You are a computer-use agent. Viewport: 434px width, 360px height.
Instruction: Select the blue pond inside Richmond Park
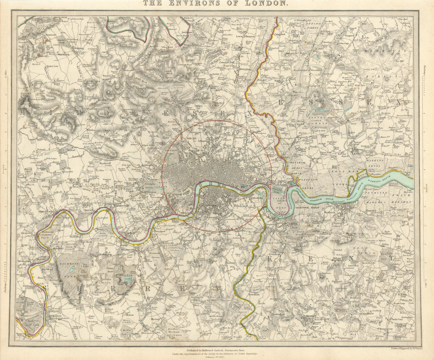pos(71,270)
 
